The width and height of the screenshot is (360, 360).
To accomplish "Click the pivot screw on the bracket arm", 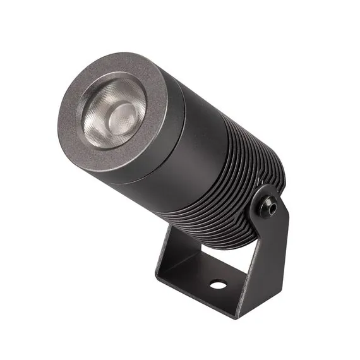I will click(270, 205).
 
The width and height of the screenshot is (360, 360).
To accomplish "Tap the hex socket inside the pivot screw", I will click(270, 205).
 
